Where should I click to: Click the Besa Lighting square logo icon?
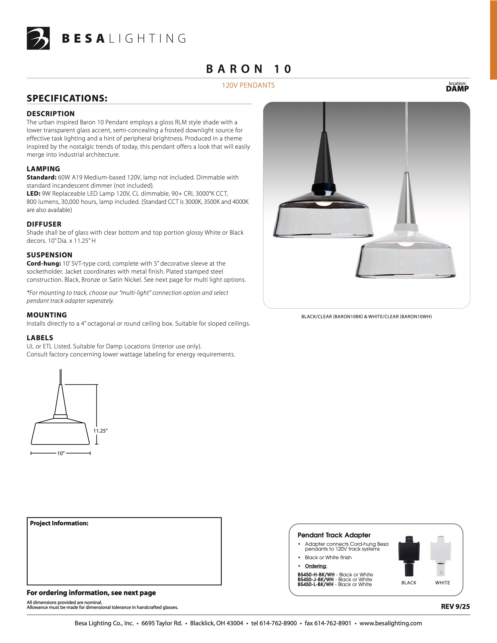tap(38, 38)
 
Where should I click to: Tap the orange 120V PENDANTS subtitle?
tap(248, 85)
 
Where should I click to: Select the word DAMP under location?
tap(457, 89)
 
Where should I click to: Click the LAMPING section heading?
tap(43, 169)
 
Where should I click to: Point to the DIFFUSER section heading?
tap(44, 224)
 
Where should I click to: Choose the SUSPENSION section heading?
tap(50, 255)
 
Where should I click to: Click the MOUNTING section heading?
tap(47, 315)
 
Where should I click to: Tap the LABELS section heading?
tap(40, 338)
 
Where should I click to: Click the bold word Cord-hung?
tap(44, 263)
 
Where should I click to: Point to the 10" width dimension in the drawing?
tap(61, 453)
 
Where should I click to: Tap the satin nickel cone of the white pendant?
tap(406, 200)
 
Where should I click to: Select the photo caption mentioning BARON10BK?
tap(366, 317)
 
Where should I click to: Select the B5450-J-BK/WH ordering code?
tap(316, 579)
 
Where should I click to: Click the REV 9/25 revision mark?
tap(455, 607)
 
